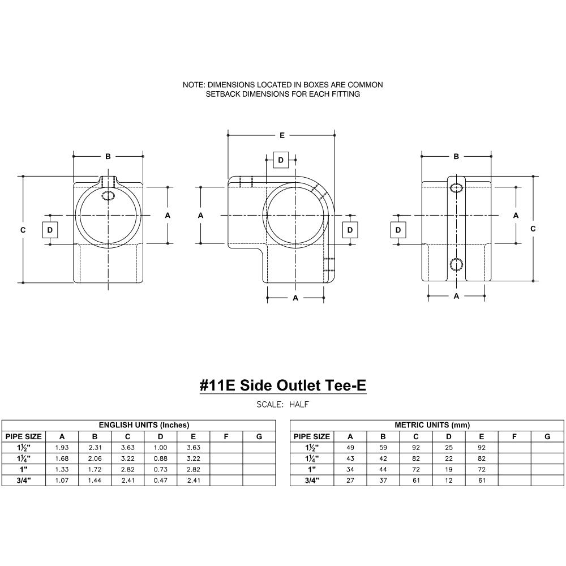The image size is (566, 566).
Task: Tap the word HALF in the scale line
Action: [299, 405]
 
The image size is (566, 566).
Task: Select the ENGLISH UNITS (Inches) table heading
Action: [144, 425]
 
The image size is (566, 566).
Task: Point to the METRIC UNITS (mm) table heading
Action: [432, 425]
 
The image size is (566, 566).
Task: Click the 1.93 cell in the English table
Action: [62, 447]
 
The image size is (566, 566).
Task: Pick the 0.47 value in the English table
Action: [161, 481]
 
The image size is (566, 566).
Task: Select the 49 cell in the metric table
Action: [350, 447]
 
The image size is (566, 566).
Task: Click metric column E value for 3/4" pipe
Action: [482, 481]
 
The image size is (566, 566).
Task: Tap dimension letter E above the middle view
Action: [282, 135]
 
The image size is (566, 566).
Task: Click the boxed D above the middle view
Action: [281, 160]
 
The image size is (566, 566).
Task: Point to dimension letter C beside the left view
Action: [23, 230]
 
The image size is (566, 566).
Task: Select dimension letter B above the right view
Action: [456, 156]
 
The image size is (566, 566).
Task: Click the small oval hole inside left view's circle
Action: [108, 195]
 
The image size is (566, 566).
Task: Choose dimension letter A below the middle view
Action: [295, 298]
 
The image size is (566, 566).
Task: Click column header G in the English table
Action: [259, 436]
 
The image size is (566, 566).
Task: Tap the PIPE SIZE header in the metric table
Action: [311, 436]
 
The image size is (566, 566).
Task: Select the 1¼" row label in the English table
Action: [23, 458]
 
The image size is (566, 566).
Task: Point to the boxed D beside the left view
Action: [50, 230]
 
